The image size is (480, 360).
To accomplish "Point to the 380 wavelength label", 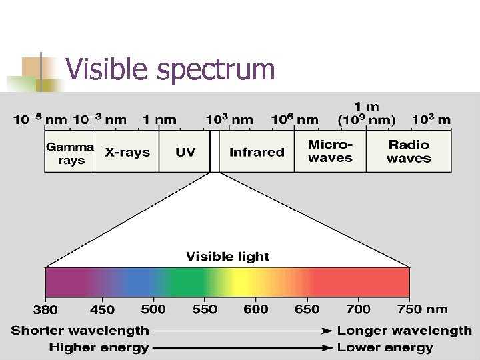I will pyautogui.click(x=45, y=310).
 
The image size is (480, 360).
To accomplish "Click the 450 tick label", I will pyautogui.click(x=102, y=310).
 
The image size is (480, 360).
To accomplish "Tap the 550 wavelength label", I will pyautogui.click(x=205, y=309).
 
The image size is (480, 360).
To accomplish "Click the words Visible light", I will pyautogui.click(x=227, y=257).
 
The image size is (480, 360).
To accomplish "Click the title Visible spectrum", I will pyautogui.click(x=170, y=69).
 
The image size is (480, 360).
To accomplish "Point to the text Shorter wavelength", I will pyautogui.click(x=81, y=331).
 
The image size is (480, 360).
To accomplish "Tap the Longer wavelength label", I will pyautogui.click(x=404, y=331).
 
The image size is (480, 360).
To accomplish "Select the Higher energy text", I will pyautogui.click(x=99, y=347).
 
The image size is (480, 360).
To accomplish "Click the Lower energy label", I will pyautogui.click(x=385, y=347).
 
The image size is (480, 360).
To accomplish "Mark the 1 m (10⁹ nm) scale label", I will pyautogui.click(x=367, y=113).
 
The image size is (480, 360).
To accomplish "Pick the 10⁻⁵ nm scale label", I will pyautogui.click(x=41, y=120).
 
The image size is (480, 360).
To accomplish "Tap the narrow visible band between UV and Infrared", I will pyautogui.click(x=214, y=152).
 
